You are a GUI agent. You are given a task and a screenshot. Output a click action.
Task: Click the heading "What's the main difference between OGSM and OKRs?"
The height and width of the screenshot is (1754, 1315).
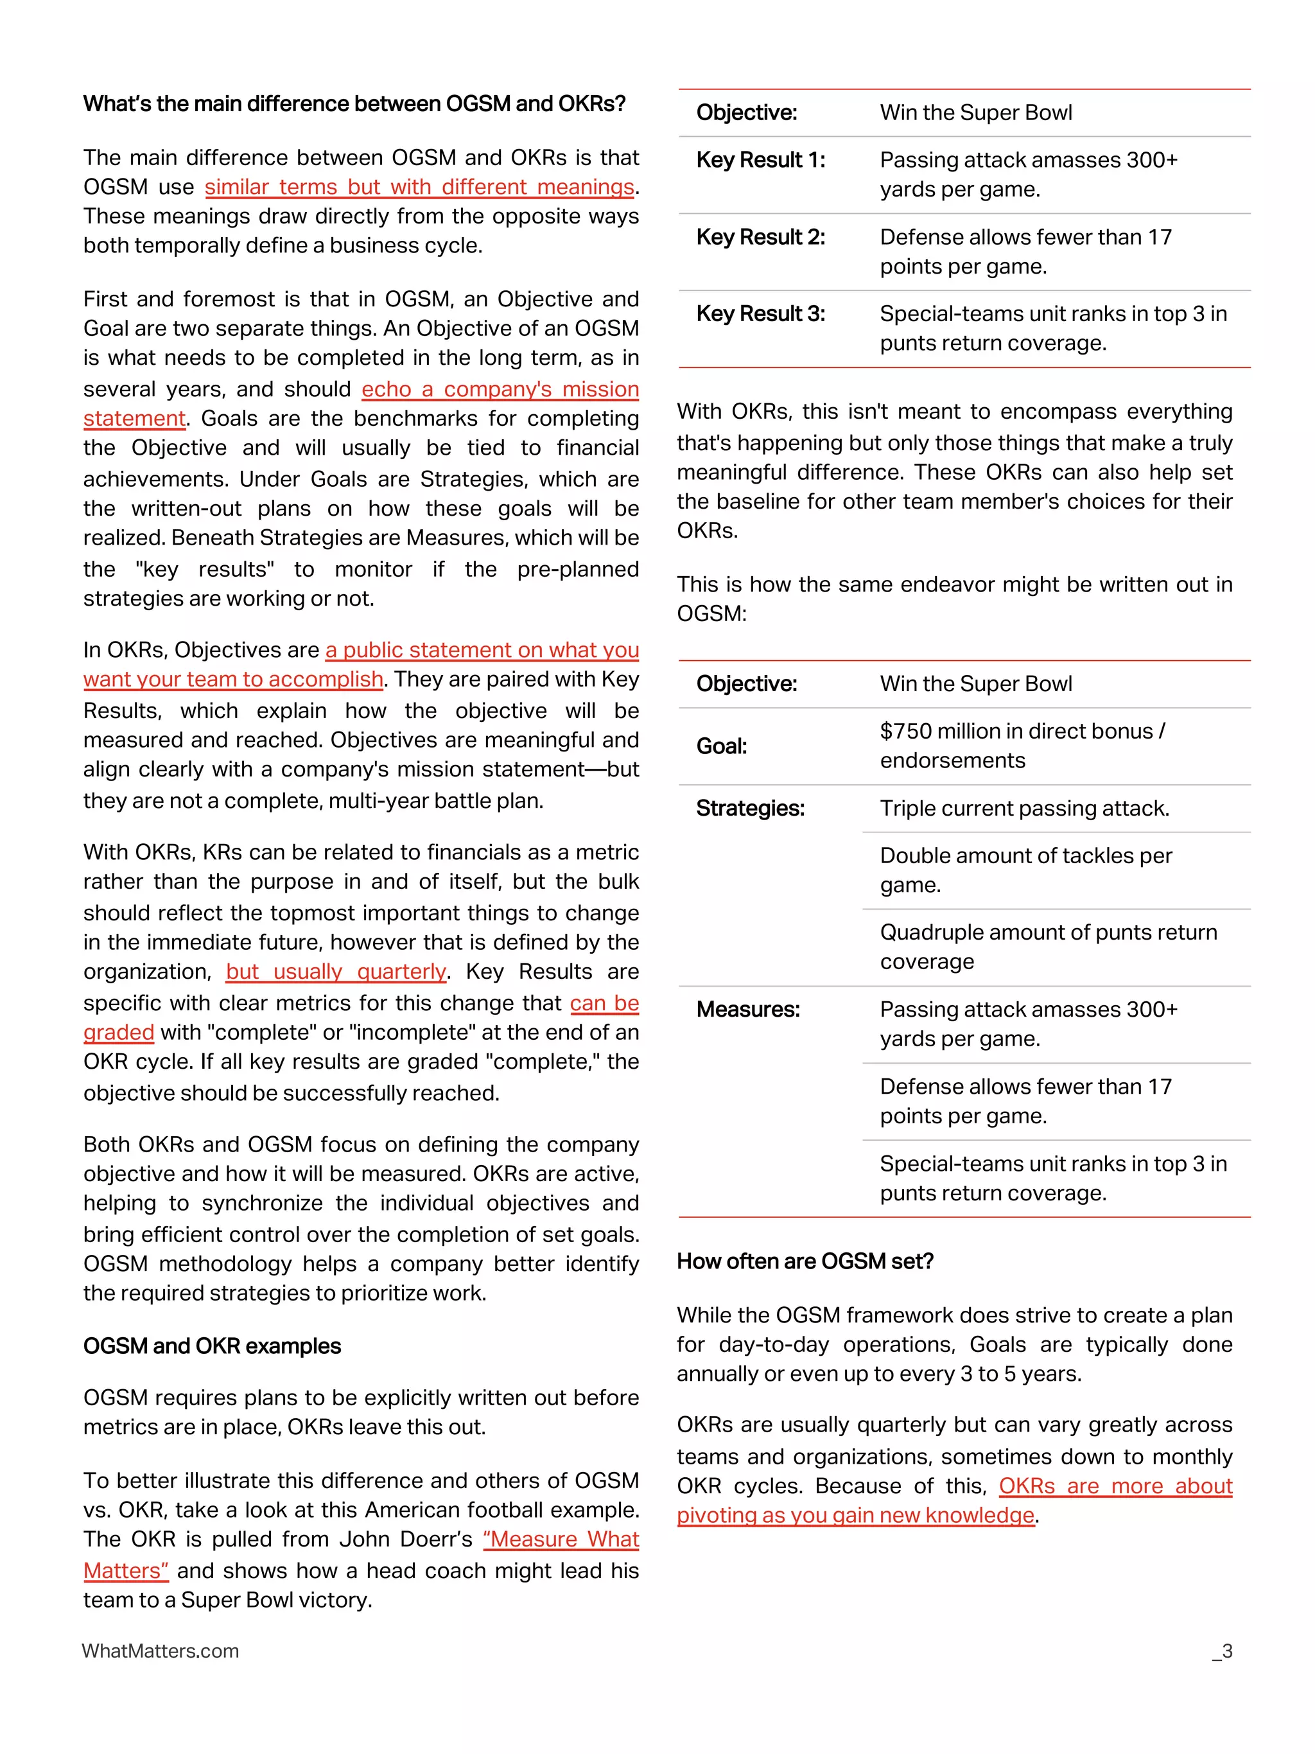click(354, 104)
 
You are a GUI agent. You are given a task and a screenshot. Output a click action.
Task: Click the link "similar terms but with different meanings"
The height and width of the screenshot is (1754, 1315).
click(419, 187)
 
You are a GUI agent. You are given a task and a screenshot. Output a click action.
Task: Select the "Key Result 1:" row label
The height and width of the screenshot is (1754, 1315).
click(760, 160)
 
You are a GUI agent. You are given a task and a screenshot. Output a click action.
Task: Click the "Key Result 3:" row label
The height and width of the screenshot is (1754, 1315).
click(760, 314)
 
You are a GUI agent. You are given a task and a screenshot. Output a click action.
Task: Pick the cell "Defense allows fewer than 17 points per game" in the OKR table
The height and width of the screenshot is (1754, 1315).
click(1025, 251)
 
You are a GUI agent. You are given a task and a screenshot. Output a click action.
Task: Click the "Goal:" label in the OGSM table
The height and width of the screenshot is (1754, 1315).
click(721, 746)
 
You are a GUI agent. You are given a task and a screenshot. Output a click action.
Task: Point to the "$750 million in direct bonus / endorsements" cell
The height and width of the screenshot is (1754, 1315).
click(1022, 746)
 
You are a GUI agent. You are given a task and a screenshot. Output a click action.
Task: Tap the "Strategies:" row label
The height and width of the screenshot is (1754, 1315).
click(750, 808)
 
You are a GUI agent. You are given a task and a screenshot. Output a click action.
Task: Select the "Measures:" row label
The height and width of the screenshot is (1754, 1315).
click(747, 1010)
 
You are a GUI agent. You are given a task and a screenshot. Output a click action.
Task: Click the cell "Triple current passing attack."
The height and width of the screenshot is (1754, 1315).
click(1024, 808)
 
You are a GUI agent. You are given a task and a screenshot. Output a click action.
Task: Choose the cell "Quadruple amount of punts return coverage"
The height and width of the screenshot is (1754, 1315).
click(1048, 947)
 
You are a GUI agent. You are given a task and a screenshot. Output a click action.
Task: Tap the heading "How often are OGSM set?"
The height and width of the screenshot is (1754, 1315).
click(805, 1261)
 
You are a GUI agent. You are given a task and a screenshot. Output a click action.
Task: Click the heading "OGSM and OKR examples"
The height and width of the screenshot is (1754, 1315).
click(212, 1346)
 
